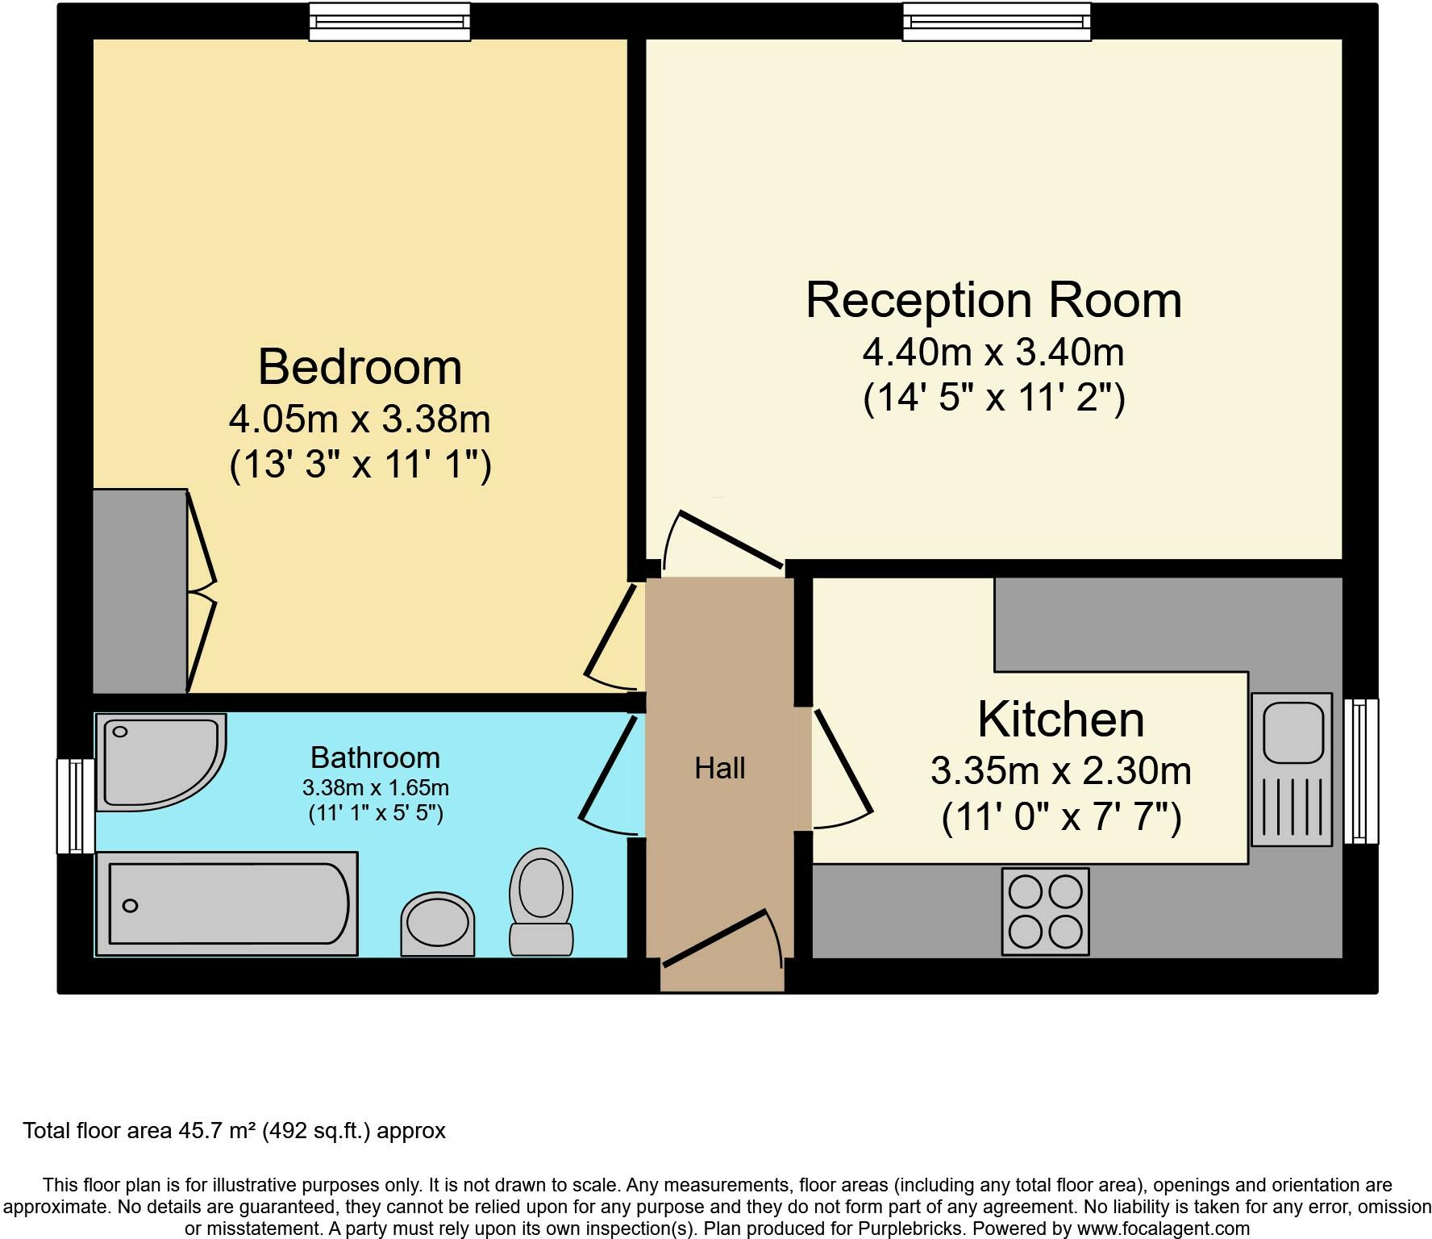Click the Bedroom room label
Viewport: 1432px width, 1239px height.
[x=360, y=367]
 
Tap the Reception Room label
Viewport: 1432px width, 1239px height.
[x=993, y=300]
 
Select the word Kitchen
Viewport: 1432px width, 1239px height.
[x=1060, y=719]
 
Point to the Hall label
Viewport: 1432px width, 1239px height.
[x=719, y=768]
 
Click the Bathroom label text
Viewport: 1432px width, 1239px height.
[x=375, y=757]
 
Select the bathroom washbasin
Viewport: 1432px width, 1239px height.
[x=438, y=924]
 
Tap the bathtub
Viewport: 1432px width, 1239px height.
[x=227, y=903]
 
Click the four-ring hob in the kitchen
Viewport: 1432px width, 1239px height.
[x=1045, y=911]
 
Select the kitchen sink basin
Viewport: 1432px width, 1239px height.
[x=1293, y=732]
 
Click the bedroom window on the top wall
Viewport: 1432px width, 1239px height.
[x=389, y=22]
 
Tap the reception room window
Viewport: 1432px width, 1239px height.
[x=996, y=22]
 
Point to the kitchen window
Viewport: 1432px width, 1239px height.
[x=1361, y=770]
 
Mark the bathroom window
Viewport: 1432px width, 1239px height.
[x=75, y=805]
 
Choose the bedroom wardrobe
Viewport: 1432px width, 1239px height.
[x=139, y=590]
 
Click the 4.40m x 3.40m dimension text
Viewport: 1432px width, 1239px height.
[x=993, y=352]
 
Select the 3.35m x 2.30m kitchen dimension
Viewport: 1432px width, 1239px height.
[x=1060, y=770]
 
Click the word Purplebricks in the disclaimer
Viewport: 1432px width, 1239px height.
[x=915, y=1229]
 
